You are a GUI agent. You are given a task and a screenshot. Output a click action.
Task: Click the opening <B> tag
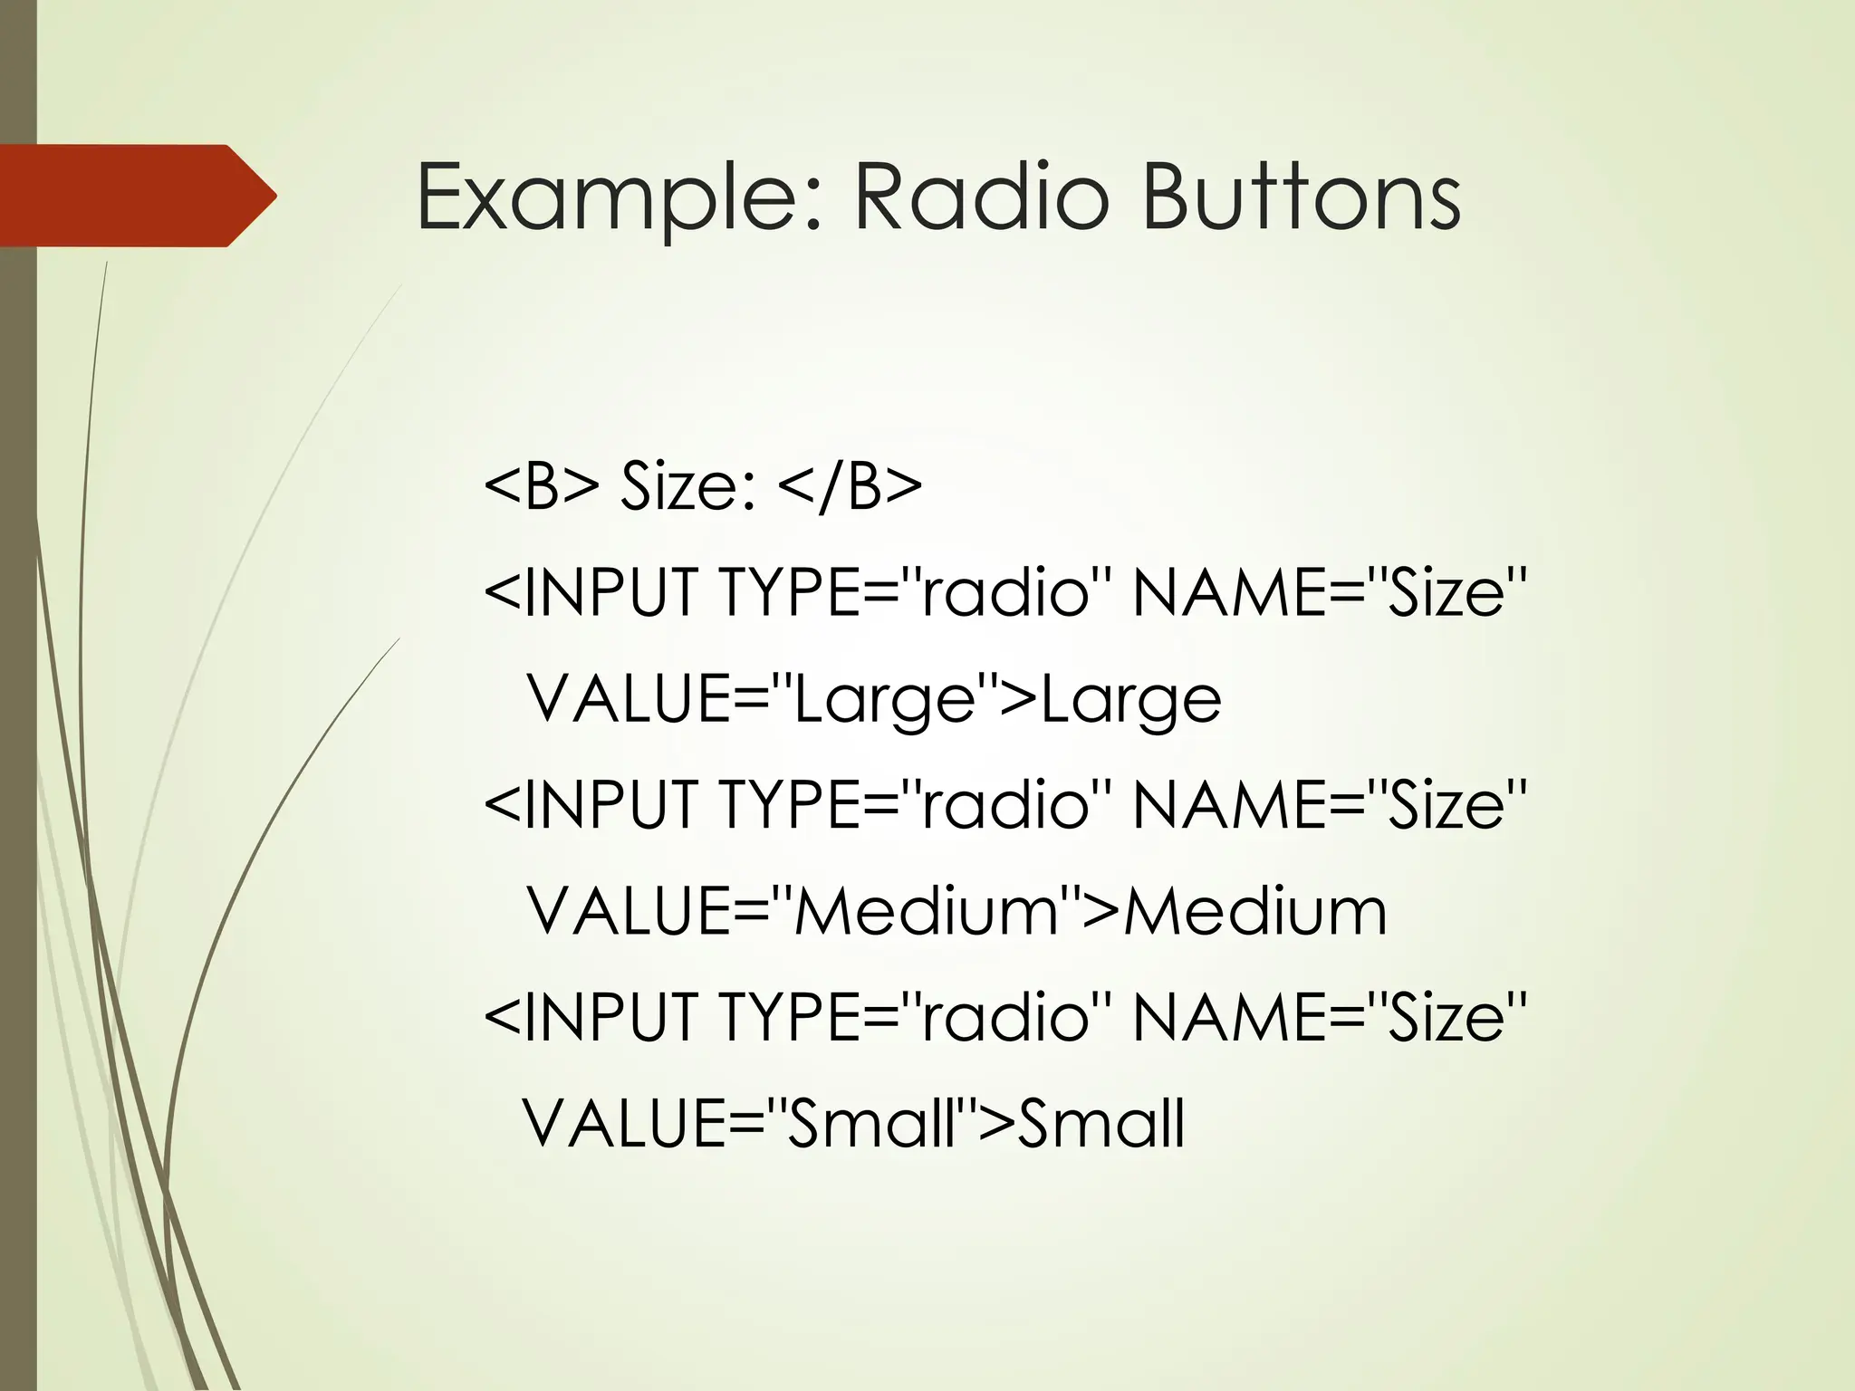[542, 486]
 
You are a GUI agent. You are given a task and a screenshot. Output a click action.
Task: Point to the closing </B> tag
[850, 486]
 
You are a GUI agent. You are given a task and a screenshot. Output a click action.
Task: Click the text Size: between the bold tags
[688, 486]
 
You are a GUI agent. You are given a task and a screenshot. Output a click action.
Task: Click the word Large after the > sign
[1131, 701]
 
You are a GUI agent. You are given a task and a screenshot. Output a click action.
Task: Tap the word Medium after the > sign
[1255, 911]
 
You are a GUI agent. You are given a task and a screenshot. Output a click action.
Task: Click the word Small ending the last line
[1101, 1123]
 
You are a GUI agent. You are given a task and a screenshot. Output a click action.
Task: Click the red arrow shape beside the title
[136, 196]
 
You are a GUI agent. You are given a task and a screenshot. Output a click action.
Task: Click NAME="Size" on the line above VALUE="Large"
[1330, 592]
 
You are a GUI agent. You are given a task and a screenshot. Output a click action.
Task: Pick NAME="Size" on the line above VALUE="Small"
[1330, 1016]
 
